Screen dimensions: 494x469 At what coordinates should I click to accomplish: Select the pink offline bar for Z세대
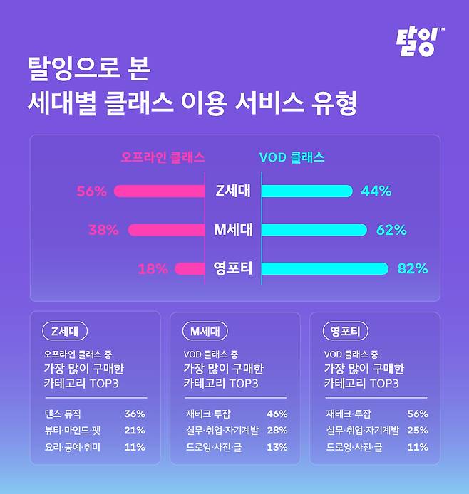point(158,191)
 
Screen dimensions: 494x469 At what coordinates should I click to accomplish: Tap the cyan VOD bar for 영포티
point(325,268)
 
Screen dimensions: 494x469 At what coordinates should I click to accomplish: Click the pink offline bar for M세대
point(172,230)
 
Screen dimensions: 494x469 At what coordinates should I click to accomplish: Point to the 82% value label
point(412,268)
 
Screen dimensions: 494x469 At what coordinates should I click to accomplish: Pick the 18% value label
point(152,268)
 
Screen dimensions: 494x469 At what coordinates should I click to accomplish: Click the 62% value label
point(391,230)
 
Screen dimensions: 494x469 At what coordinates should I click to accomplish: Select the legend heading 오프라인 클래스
point(163,157)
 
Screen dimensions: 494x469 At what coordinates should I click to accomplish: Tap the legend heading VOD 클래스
point(292,157)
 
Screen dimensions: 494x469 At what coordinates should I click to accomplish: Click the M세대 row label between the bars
point(232,230)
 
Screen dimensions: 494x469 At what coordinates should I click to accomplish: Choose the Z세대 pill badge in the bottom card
point(65,331)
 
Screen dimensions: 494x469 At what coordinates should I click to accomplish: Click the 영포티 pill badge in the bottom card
point(345,331)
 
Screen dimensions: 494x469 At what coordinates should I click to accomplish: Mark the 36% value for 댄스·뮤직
point(134,414)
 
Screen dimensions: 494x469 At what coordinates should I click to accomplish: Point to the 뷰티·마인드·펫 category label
point(74,430)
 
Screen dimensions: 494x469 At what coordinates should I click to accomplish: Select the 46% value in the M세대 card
point(277,414)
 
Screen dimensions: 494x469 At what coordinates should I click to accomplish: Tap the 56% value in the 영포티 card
point(417,414)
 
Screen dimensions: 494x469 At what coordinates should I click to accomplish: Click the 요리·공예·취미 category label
point(74,447)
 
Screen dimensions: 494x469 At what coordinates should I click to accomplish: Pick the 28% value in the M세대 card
point(277,430)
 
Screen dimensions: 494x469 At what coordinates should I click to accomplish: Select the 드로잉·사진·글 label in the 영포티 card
point(354,447)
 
